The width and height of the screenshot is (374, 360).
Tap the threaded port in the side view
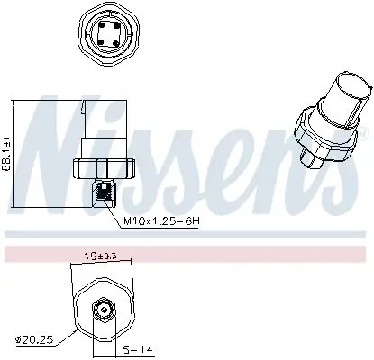[105, 191]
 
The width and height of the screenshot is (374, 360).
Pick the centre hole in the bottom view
[105, 312]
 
